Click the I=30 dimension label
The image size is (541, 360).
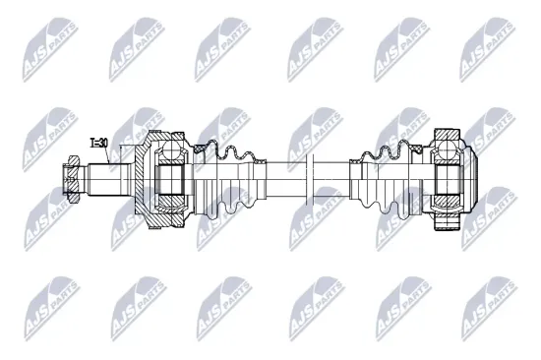click(x=98, y=145)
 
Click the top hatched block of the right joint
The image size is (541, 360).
click(x=447, y=135)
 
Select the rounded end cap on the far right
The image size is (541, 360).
click(x=470, y=179)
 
